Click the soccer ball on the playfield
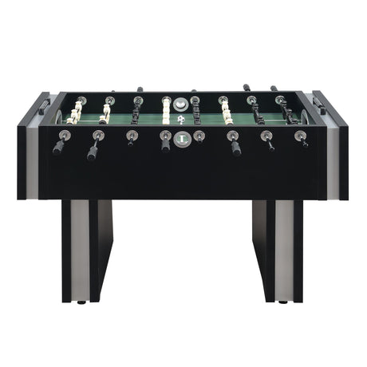coord(181,119)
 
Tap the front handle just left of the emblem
coord(165,143)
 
